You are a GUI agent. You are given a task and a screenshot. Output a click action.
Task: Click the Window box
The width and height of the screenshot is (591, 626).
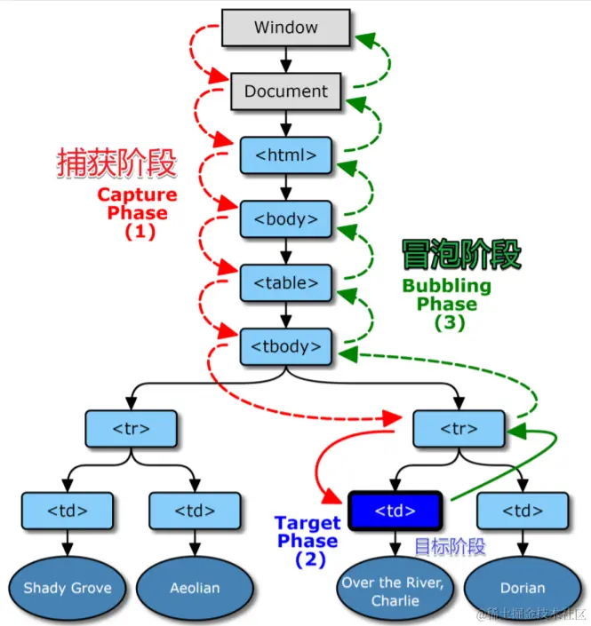pos(286,28)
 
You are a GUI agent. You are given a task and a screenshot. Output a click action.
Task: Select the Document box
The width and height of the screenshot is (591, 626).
pos(286,91)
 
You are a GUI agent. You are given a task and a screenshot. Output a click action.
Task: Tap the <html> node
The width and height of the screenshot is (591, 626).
pos(286,155)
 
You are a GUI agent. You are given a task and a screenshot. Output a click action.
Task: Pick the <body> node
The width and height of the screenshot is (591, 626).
pos(286,219)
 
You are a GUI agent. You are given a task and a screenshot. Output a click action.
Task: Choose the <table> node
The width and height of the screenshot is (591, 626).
pos(286,283)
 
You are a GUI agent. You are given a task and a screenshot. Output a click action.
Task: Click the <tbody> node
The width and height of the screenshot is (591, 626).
pos(286,346)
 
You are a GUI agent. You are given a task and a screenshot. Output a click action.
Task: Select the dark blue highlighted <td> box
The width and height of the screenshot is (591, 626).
pos(395,511)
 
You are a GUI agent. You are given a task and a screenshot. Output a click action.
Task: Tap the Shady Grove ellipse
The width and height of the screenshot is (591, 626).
pos(68,588)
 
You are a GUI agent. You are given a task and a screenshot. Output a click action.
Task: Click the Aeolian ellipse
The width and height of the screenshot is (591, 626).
pos(195,588)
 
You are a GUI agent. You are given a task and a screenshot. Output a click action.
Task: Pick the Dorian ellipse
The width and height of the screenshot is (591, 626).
pos(523,588)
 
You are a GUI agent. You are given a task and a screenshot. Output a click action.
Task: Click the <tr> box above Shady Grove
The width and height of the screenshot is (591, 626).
pos(131,429)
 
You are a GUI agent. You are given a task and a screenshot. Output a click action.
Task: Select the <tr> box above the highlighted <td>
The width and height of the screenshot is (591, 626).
pos(459,429)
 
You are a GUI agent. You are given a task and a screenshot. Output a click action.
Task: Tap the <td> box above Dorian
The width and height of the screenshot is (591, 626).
pos(523,511)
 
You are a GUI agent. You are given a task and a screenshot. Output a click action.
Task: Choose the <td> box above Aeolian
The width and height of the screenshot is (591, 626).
pos(195,511)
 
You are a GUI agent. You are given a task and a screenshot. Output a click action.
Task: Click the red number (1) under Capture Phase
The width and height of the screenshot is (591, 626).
pos(140,232)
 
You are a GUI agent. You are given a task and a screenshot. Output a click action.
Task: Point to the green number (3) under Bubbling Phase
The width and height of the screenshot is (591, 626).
pos(450,322)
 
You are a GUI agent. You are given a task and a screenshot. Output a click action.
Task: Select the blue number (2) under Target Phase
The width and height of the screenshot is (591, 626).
pos(310,559)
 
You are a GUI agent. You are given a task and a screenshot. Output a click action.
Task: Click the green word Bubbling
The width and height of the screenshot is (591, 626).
pos(447,286)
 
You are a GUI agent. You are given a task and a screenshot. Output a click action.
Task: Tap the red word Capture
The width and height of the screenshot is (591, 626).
pos(138,194)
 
